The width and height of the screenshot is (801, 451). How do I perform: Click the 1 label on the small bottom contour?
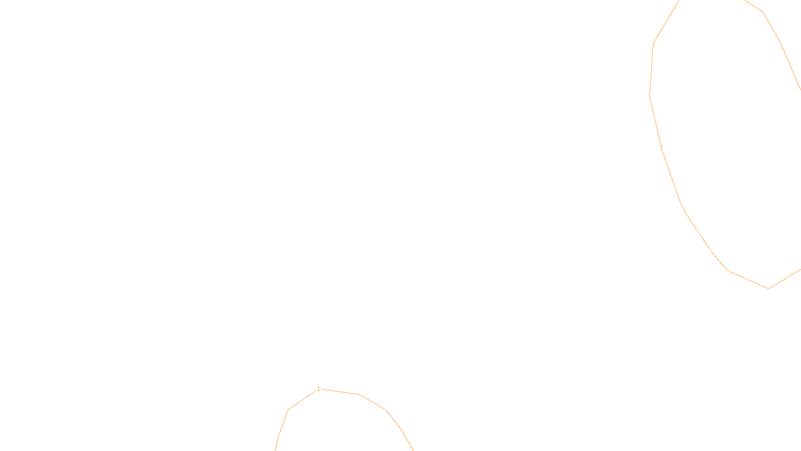(318, 389)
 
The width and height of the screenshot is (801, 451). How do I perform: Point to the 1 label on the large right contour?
(661, 148)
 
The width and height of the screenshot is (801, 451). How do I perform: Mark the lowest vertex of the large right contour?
(768, 289)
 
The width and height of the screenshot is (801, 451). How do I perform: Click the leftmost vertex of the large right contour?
(650, 95)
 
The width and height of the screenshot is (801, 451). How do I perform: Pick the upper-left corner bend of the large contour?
(653, 44)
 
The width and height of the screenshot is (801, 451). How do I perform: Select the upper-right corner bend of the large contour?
(762, 12)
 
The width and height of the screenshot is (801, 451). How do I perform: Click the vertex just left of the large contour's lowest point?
(727, 271)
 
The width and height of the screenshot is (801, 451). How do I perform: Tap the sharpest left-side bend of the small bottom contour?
(288, 409)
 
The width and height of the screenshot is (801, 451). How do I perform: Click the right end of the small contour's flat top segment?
(360, 395)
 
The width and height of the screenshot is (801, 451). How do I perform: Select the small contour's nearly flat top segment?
(340, 392)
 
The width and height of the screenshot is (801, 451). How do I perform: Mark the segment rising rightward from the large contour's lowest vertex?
(785, 279)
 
